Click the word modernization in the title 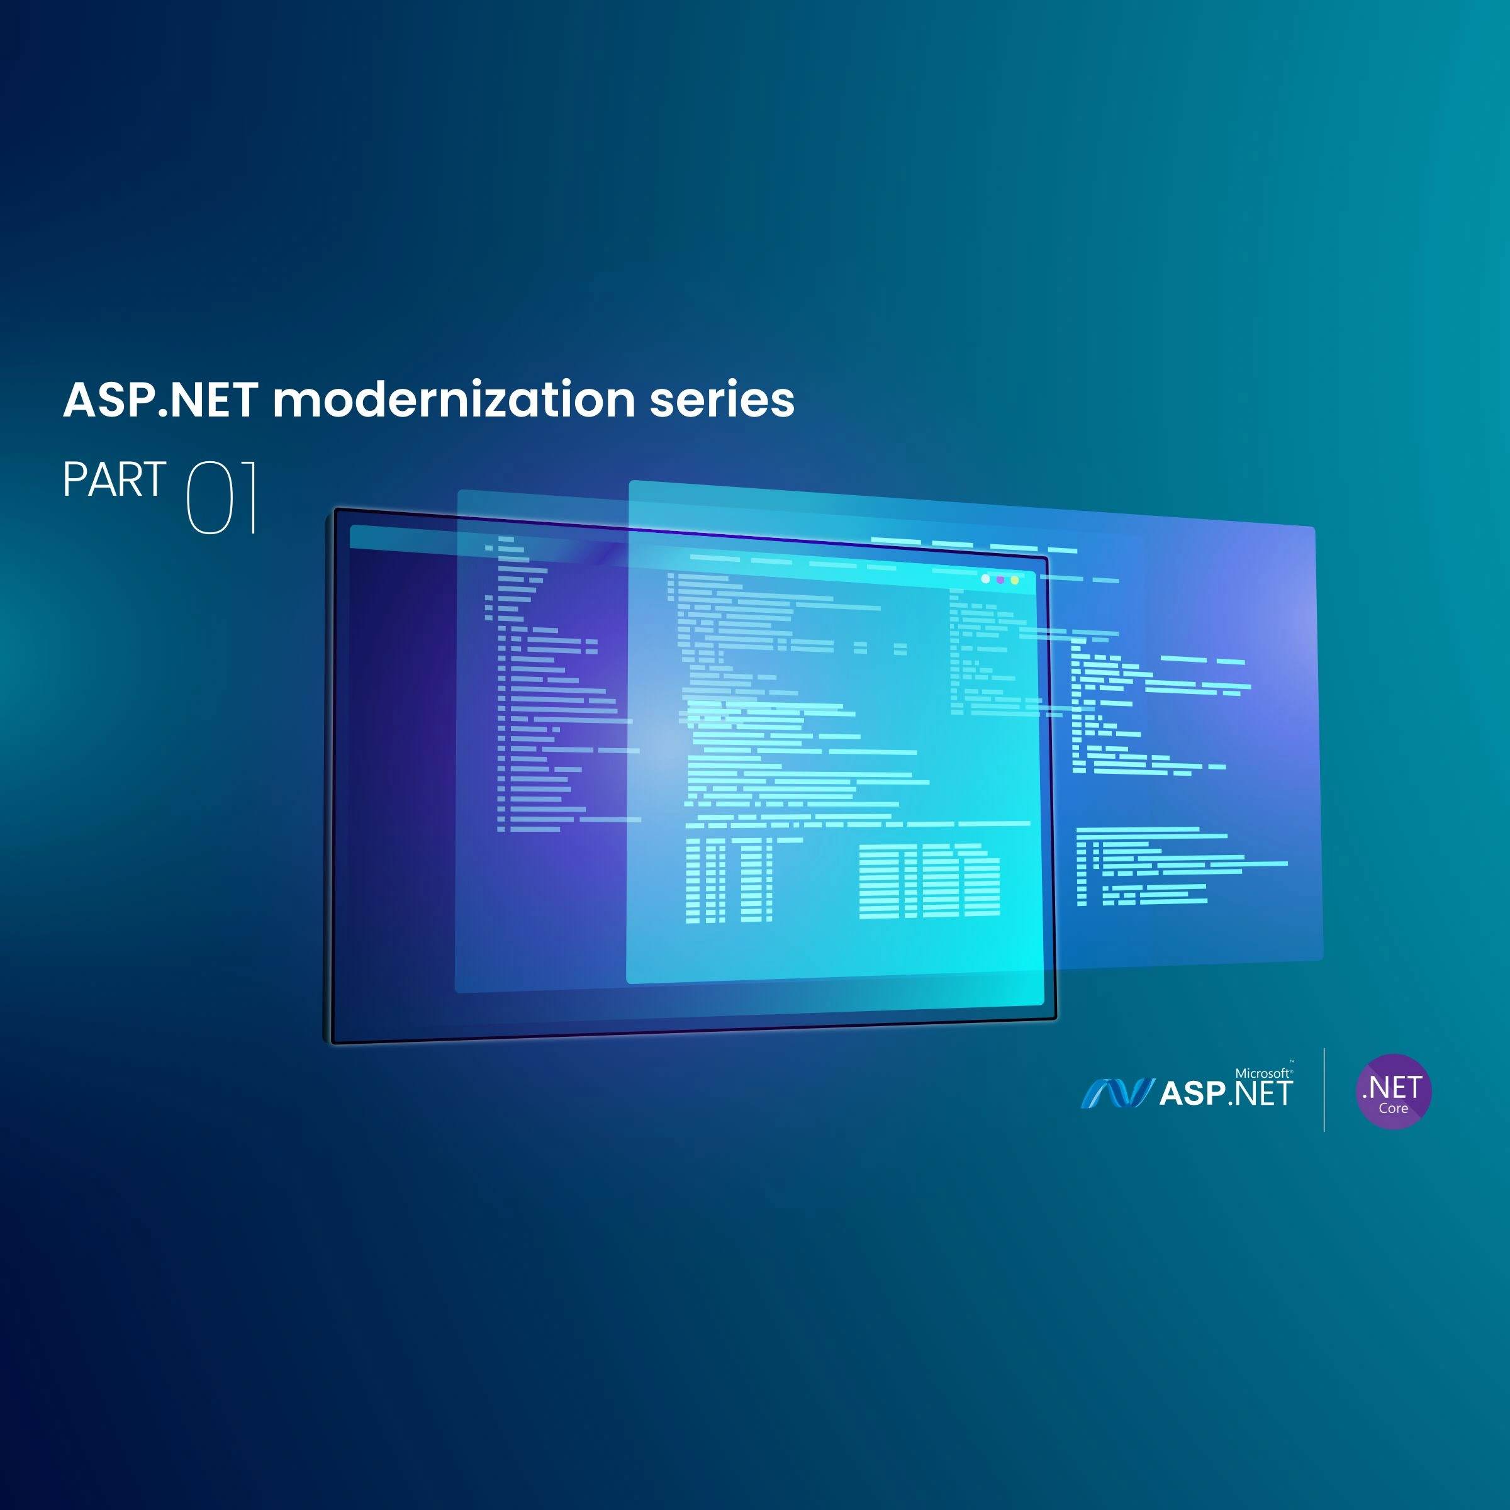[x=453, y=400]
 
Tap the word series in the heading [x=722, y=400]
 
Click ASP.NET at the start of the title [x=160, y=400]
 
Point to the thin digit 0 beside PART [x=210, y=497]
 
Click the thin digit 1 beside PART [x=250, y=497]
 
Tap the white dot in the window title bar [x=985, y=579]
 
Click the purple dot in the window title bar [x=1000, y=580]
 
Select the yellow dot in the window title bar [x=1014, y=581]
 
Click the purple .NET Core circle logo [x=1394, y=1091]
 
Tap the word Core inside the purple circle [x=1394, y=1108]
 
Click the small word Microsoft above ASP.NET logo [x=1262, y=1073]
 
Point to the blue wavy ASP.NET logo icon [x=1117, y=1093]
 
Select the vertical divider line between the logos [x=1324, y=1090]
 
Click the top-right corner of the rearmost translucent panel [x=1314, y=529]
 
